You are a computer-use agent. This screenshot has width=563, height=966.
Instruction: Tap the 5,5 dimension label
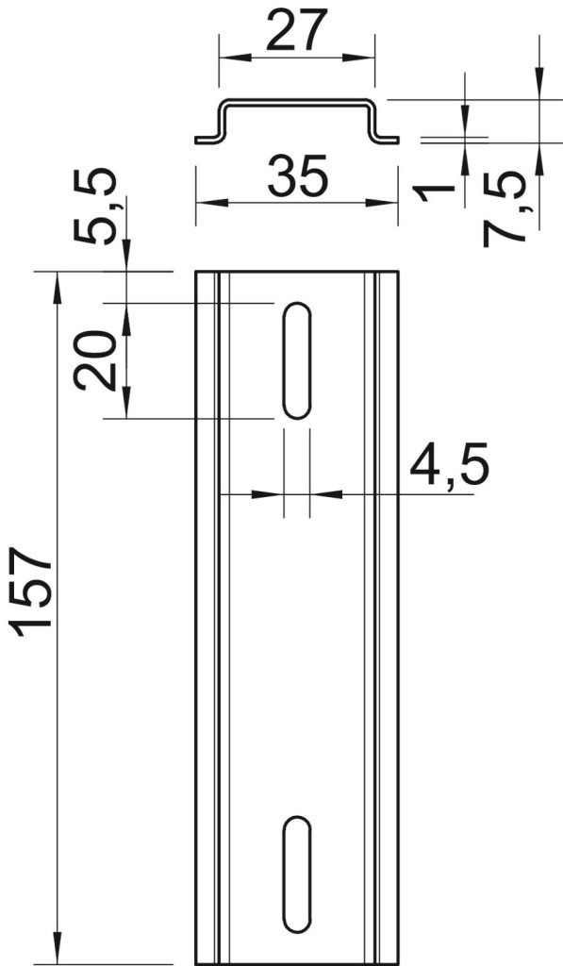tap(95, 207)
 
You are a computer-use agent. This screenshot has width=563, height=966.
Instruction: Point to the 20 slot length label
tap(95, 361)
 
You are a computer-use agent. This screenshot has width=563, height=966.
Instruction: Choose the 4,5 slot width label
tap(449, 463)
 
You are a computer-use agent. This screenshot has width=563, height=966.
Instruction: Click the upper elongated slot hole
tap(297, 361)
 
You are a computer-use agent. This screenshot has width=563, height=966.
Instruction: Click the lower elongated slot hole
tap(297, 874)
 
